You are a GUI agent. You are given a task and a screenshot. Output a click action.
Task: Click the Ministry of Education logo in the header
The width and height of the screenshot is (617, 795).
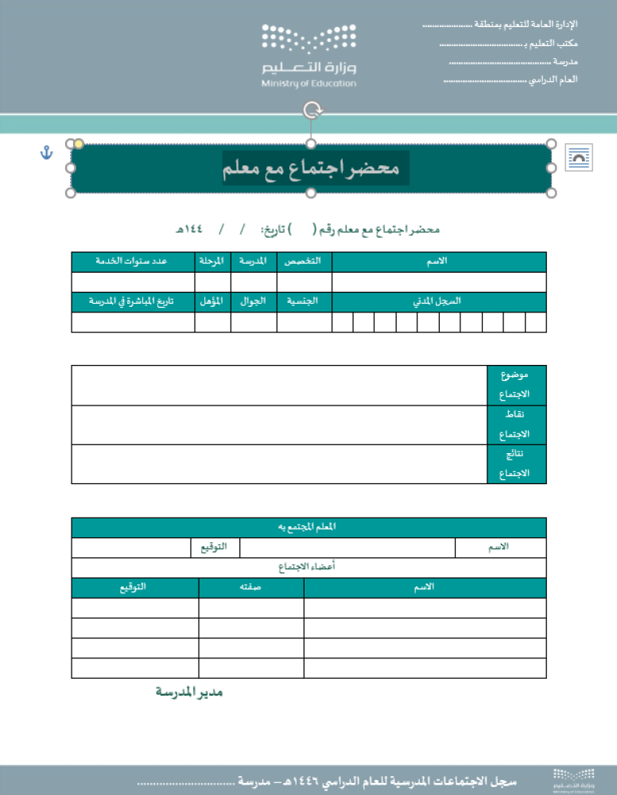(309, 56)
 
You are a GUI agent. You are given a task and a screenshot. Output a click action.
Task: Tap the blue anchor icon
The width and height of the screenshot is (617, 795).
(46, 152)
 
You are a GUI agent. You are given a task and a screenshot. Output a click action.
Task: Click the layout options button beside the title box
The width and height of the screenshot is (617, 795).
(578, 158)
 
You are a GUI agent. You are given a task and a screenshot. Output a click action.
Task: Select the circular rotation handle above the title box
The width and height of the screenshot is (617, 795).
(312, 111)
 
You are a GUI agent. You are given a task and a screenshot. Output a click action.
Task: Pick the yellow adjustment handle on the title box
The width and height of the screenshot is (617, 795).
(79, 144)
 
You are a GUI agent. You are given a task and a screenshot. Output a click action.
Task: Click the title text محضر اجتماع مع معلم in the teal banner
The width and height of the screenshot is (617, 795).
(316, 169)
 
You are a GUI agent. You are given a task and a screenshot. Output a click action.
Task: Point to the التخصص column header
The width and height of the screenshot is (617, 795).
(305, 262)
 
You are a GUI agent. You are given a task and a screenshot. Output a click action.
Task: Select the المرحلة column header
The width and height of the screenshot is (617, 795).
(212, 262)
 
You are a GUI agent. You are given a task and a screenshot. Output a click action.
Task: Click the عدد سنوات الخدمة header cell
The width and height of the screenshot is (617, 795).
(132, 262)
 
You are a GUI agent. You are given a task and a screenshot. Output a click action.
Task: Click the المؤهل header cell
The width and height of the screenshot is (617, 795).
(212, 302)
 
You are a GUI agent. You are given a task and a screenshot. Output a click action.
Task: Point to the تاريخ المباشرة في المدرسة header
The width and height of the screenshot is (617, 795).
(132, 302)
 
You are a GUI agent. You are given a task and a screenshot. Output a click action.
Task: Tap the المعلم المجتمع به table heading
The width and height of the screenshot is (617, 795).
(308, 527)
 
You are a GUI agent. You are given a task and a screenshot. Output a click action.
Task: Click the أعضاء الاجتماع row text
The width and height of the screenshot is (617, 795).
(308, 568)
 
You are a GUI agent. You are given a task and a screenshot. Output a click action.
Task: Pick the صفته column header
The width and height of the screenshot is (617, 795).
(251, 588)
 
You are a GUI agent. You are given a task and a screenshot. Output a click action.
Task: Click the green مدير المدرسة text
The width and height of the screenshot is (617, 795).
(189, 692)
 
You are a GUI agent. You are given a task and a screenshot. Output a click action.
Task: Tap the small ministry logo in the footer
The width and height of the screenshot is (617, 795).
(574, 780)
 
